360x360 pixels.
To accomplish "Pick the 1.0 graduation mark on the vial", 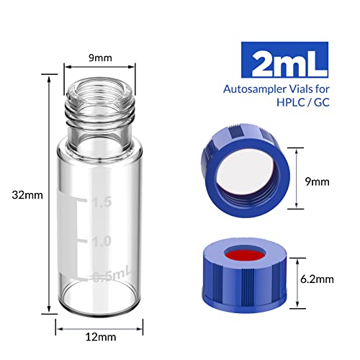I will click(x=102, y=241).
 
